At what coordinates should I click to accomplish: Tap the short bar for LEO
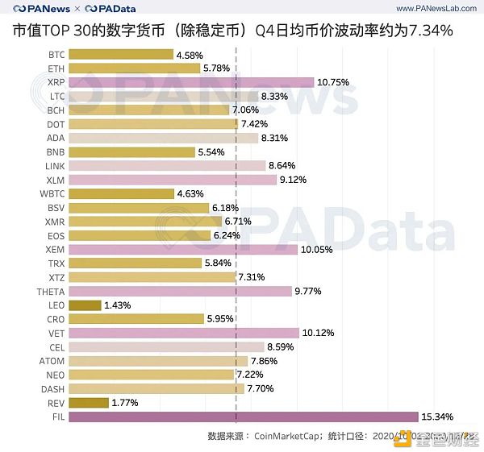(86, 305)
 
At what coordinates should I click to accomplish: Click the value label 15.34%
(438, 417)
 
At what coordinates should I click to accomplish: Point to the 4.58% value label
(192, 55)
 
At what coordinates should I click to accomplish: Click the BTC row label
(56, 55)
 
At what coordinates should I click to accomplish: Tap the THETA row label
(50, 291)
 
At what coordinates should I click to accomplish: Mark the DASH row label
(52, 388)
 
